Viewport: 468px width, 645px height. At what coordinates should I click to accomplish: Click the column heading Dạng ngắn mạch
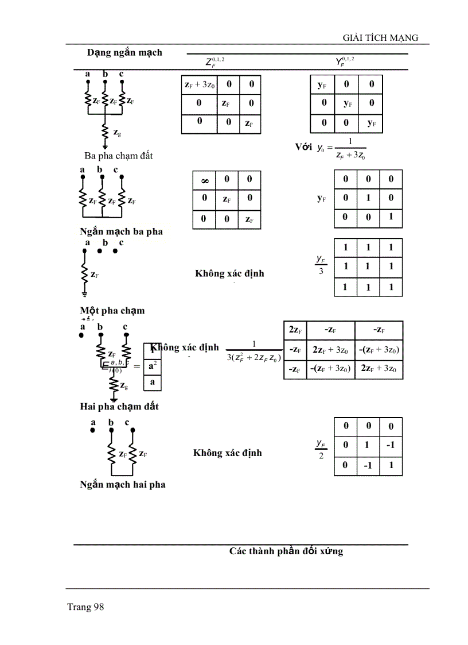click(124, 52)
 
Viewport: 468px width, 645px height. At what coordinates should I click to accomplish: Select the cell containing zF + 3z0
click(199, 85)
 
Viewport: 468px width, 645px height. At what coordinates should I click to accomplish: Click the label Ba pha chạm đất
click(119, 156)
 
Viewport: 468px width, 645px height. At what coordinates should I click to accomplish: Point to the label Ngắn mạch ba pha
click(121, 231)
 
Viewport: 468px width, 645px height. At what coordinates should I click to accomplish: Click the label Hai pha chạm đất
click(119, 406)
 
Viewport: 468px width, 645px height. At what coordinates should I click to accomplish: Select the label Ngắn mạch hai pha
click(122, 484)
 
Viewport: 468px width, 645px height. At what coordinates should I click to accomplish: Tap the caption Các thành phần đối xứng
click(286, 551)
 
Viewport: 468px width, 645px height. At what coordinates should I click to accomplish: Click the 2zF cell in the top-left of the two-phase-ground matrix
click(295, 330)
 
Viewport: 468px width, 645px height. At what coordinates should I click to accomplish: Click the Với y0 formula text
click(330, 148)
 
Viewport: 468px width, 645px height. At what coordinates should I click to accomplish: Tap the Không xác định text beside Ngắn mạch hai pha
click(227, 453)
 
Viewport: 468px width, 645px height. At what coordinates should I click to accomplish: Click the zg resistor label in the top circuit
click(117, 133)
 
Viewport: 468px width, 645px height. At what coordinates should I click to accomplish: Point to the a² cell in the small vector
click(153, 365)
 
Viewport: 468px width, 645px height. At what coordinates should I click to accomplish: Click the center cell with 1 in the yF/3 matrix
click(368, 267)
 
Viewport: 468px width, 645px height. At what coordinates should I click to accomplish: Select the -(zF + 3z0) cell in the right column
click(379, 349)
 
